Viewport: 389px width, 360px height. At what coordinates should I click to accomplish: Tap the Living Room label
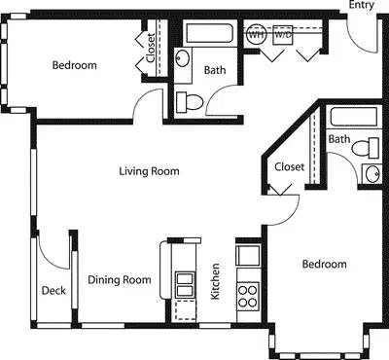[x=149, y=171]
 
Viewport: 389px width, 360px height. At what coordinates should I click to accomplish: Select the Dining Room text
[x=120, y=280]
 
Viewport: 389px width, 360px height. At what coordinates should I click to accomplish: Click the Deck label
[x=53, y=290]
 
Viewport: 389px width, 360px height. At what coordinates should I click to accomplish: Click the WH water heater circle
[x=257, y=33]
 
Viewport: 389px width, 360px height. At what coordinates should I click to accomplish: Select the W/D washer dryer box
[x=284, y=33]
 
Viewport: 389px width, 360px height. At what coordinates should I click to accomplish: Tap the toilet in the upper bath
[x=190, y=99]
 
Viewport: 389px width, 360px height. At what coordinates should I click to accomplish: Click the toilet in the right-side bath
[x=364, y=149]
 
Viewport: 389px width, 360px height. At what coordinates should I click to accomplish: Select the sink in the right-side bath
[x=373, y=173]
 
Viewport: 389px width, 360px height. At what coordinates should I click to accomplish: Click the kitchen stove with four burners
[x=247, y=293]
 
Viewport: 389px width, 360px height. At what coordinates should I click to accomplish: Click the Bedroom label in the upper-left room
[x=74, y=65]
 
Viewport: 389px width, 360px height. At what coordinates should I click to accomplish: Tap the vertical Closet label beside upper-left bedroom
[x=151, y=48]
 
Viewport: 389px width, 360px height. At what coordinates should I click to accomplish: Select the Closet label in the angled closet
[x=289, y=166]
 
